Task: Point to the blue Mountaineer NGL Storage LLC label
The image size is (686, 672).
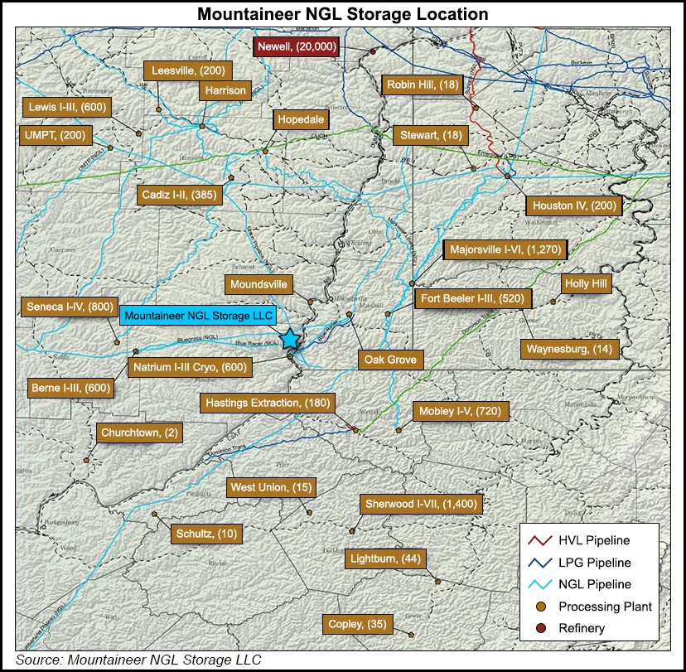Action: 198,316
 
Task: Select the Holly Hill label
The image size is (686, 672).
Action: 586,284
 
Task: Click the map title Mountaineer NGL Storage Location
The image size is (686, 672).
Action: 342,14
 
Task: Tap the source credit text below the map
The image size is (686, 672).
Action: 133,660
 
